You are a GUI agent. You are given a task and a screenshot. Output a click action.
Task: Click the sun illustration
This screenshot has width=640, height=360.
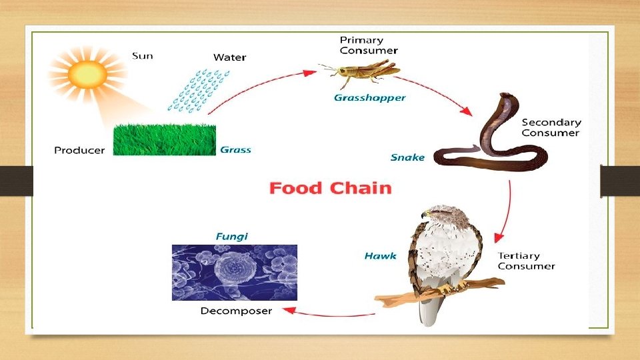[x=86, y=73]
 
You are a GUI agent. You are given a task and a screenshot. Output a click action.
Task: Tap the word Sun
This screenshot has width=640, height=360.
[x=142, y=55]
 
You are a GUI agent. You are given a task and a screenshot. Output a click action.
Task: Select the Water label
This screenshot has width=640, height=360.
[x=229, y=57]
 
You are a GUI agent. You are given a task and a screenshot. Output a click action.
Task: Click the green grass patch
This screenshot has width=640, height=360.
[x=164, y=139]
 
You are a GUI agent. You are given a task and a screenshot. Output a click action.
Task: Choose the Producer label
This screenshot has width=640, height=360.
[x=79, y=150]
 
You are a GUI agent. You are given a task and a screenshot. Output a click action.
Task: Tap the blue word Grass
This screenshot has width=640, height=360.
[x=235, y=150]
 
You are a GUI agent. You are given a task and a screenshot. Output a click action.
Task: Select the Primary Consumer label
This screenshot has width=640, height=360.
[x=369, y=45]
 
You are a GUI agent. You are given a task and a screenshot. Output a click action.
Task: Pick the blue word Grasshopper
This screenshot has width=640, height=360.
[x=369, y=98]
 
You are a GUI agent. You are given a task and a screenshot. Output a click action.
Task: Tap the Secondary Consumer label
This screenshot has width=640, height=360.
[x=551, y=127]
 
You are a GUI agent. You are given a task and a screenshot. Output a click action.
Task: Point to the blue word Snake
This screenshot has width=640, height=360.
[x=407, y=158]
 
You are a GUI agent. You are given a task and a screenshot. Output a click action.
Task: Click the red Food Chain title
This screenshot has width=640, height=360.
[x=330, y=188]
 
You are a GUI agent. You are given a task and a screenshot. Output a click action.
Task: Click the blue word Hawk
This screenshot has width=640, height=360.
[x=380, y=256]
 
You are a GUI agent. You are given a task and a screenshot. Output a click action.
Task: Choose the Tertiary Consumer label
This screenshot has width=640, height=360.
[x=526, y=261]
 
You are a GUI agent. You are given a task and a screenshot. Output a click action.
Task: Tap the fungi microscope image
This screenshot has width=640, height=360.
[x=235, y=272]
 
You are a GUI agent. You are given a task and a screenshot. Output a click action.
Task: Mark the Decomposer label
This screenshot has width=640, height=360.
[x=236, y=311]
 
